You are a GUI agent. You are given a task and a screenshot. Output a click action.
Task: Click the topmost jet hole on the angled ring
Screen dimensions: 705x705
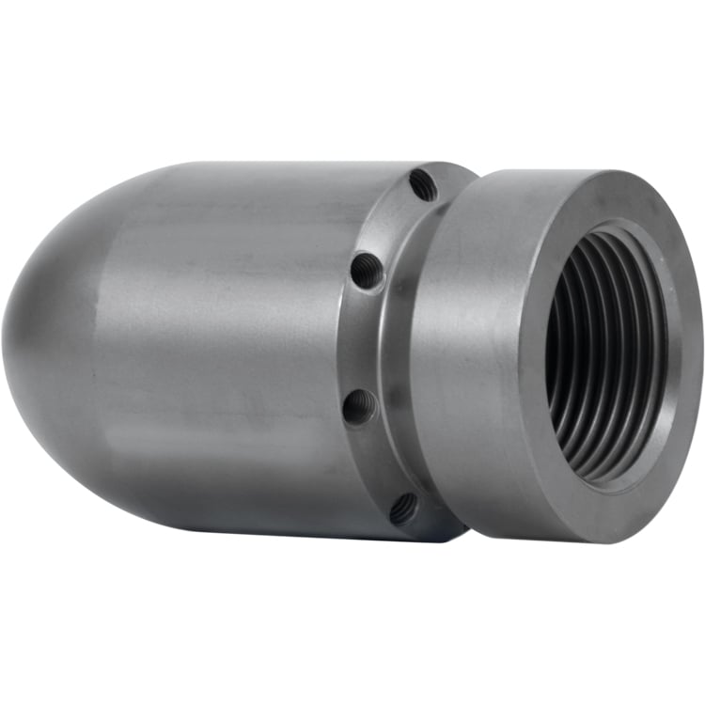[422, 185]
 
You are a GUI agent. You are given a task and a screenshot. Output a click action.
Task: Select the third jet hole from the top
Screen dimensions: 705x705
[359, 407]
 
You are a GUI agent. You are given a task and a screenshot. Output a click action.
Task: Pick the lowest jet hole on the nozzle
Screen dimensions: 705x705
[402, 509]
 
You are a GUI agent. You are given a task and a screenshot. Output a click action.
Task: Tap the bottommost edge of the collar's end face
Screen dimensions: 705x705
[602, 541]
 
